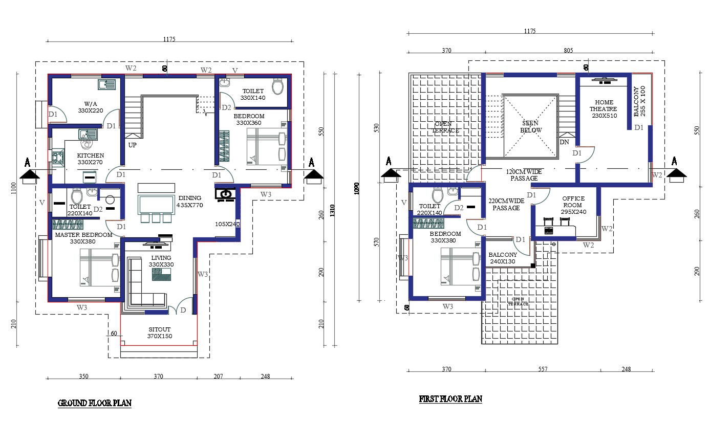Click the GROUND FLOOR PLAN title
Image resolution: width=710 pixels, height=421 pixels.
95,403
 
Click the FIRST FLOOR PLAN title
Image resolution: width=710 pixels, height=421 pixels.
450,399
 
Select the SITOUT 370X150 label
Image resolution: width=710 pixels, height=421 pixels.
160,333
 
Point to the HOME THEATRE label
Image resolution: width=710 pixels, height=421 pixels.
604,109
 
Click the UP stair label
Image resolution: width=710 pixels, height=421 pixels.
133,145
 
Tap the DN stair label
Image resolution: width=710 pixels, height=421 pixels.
565,142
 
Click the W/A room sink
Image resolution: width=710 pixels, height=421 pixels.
108,84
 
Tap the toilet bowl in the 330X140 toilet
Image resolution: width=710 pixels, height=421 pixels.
277,87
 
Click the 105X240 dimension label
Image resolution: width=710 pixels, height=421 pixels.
227,224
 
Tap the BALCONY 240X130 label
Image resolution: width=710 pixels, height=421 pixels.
503,258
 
